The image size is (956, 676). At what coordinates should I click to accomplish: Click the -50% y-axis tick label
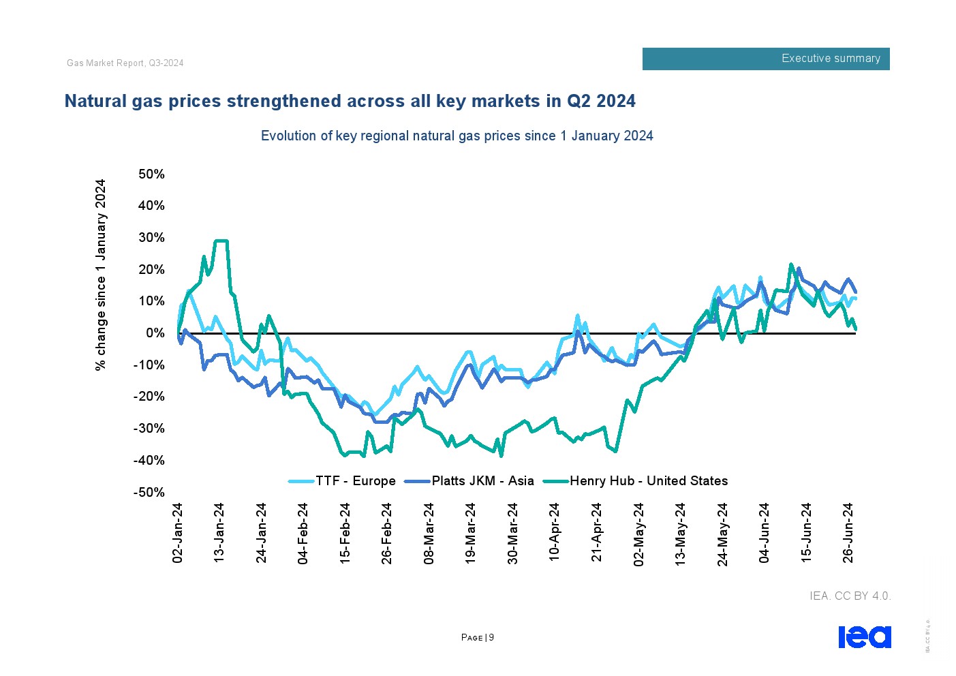(x=149, y=493)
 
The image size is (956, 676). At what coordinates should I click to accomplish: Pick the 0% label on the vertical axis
(x=155, y=333)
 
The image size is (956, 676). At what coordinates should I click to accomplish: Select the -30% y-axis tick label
(x=149, y=429)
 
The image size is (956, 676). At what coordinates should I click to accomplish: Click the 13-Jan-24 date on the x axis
(x=219, y=533)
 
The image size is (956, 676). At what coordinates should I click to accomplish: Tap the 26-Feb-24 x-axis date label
(x=387, y=533)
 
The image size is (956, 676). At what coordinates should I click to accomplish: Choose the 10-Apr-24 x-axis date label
(x=555, y=533)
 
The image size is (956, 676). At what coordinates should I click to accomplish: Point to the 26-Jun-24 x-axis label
(x=848, y=533)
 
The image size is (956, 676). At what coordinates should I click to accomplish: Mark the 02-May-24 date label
(x=639, y=533)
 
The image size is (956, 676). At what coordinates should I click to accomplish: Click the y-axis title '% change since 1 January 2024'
(x=101, y=275)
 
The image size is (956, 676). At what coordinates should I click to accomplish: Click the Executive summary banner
(x=766, y=59)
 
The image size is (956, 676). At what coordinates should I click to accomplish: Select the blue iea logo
(x=864, y=637)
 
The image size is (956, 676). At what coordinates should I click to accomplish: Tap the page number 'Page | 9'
(x=478, y=638)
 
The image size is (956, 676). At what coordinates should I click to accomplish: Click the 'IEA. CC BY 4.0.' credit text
(x=850, y=596)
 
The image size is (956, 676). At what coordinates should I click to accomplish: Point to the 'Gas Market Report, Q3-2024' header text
(x=125, y=63)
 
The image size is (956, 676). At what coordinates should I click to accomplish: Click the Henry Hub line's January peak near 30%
(x=221, y=241)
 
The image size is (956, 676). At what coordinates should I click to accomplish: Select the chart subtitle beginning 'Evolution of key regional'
(x=457, y=136)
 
